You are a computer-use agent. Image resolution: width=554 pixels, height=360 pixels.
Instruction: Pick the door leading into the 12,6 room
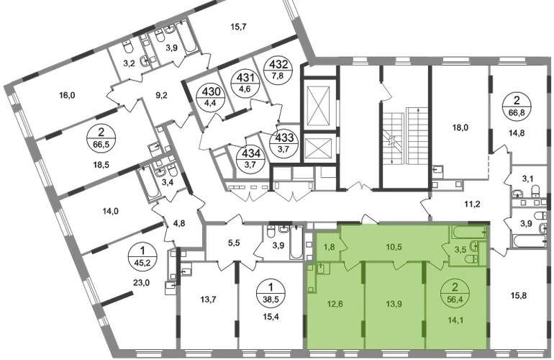348,266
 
